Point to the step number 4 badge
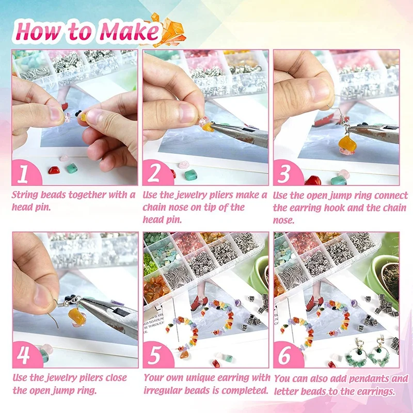(x=26, y=355)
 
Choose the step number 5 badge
(x=156, y=355)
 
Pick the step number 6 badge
(x=287, y=355)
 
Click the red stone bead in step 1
(x=54, y=170)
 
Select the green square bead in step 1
(x=71, y=168)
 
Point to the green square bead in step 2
(x=190, y=175)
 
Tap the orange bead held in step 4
(x=77, y=317)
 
